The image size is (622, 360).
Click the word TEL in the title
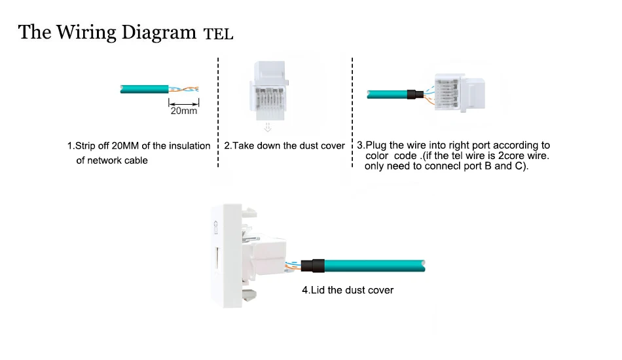pos(218,34)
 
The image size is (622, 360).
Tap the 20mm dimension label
pos(184,111)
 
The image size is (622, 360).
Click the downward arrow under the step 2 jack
pos(266,127)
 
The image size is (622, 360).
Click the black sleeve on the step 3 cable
pos(414,95)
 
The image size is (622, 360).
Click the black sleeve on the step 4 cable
pos(316,265)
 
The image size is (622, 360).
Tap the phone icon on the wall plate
pos(217,226)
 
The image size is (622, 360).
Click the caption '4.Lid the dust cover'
pos(348,290)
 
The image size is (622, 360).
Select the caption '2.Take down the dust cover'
pos(284,146)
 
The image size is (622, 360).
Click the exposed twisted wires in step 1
pos(185,89)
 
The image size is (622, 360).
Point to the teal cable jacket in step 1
pos(144,88)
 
